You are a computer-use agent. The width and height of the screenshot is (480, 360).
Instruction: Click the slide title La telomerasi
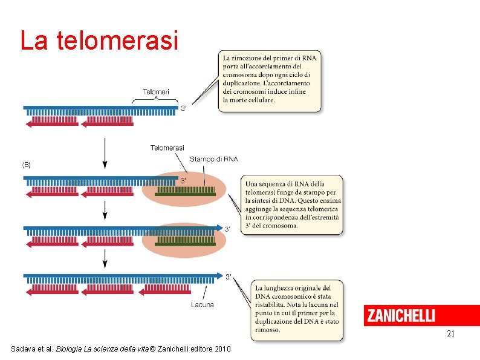click(x=99, y=41)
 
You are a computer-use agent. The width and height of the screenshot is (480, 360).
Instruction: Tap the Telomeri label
click(x=156, y=92)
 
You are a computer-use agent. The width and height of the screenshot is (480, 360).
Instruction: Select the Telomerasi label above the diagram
click(x=167, y=148)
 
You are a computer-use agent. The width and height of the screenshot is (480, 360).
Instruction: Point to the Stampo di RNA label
click(x=214, y=159)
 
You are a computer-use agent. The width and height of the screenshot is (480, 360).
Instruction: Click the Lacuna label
click(x=201, y=304)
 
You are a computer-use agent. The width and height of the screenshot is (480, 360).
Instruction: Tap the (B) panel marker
click(x=27, y=164)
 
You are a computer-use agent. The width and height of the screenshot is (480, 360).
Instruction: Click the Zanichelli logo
click(x=400, y=316)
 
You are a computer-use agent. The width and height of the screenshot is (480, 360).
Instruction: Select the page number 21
click(x=450, y=334)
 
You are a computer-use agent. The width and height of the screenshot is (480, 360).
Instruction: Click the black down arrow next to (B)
click(x=105, y=154)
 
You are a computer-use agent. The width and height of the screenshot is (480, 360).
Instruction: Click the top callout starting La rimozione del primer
click(x=269, y=80)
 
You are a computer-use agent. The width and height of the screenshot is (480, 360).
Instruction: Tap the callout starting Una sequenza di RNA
click(x=293, y=205)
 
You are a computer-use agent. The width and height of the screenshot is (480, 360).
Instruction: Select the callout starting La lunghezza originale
click(x=296, y=309)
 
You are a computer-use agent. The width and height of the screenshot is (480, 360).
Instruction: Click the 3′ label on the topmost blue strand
click(x=184, y=109)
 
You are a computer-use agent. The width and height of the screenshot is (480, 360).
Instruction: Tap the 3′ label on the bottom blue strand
click(x=229, y=277)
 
